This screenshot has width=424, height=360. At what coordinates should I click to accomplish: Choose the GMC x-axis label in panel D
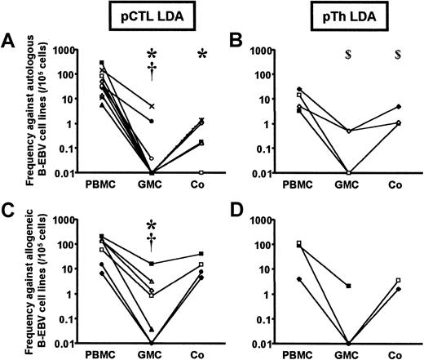(x=349, y=357)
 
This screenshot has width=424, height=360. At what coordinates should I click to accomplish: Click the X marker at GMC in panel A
(x=152, y=107)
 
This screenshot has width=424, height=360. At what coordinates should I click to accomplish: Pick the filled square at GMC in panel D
(x=349, y=287)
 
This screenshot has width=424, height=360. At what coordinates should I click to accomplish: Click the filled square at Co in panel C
(x=201, y=254)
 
